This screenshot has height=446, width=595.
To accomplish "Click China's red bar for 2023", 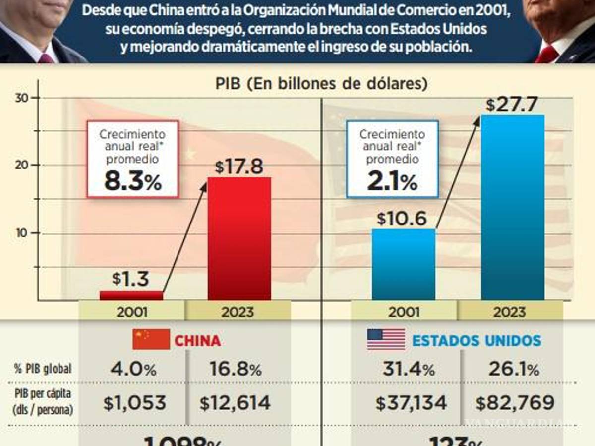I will coord(239,238).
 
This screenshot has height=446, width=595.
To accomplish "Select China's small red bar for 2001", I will coord(131,295).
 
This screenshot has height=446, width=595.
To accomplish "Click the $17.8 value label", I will coord(239,167).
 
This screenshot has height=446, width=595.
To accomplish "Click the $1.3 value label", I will coord(130,279).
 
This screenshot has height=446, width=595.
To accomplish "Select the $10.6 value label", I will coord(402,219).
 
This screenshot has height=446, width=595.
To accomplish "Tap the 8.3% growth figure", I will coord(132,182).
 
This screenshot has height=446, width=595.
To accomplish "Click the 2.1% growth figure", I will coord(392,182).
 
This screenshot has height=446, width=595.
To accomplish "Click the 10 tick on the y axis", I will coord(21,233).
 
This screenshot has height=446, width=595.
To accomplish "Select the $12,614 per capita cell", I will coord(235,403).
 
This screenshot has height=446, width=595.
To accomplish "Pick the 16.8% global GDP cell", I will coord(235,369).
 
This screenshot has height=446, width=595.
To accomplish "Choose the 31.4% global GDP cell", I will coord(408,369).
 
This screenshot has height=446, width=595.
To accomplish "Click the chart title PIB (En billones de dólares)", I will coord(321,83).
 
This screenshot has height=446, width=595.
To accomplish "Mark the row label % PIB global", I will coord(43,369).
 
